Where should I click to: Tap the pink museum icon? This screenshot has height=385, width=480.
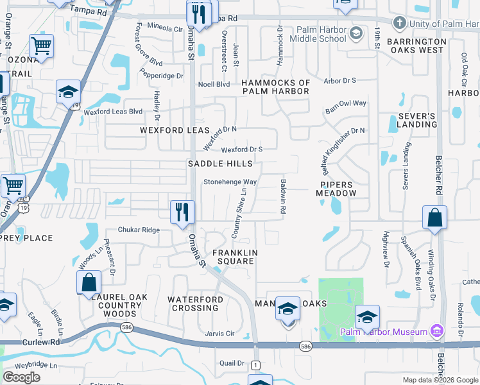(x=437, y=332)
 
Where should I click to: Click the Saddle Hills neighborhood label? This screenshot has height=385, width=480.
(x=220, y=164)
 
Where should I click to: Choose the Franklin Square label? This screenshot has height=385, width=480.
(x=235, y=257)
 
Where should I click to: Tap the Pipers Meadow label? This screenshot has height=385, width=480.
(x=336, y=189)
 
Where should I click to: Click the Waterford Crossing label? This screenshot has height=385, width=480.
(x=196, y=304)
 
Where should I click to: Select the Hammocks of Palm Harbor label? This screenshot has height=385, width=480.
(x=276, y=87)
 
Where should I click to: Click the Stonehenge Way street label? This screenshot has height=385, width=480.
(x=230, y=182)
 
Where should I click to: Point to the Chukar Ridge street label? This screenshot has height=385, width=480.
(x=138, y=230)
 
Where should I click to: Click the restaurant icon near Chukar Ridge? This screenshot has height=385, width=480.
(x=182, y=212)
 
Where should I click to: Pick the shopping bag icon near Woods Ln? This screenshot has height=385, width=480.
(x=89, y=282)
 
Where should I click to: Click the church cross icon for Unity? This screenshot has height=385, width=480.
(x=399, y=24)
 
